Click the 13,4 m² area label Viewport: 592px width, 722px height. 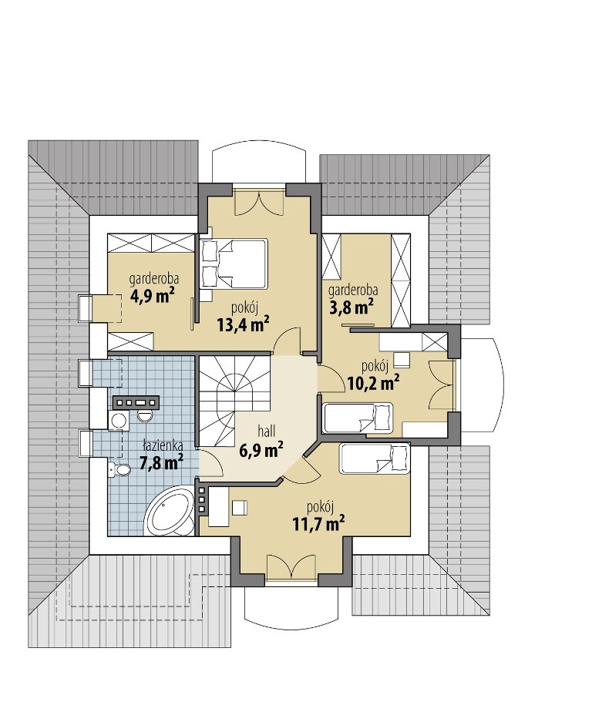tap(244, 324)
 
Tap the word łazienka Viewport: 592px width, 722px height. tap(163, 445)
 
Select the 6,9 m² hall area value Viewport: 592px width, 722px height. tap(261, 450)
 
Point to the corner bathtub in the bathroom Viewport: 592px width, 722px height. tap(170, 512)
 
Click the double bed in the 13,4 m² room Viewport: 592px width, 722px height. tap(234, 264)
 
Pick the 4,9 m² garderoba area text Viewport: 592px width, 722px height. tap(154, 296)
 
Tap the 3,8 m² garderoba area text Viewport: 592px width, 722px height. tap(351, 307)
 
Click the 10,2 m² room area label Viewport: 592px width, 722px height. tap(373, 382)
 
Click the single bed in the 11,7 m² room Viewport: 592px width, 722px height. tap(375, 458)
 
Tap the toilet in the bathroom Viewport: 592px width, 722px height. tap(119, 470)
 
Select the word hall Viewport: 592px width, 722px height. tap(266, 431)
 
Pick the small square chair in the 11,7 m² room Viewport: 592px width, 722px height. tap(239, 509)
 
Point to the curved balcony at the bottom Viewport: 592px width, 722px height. tap(291, 608)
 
